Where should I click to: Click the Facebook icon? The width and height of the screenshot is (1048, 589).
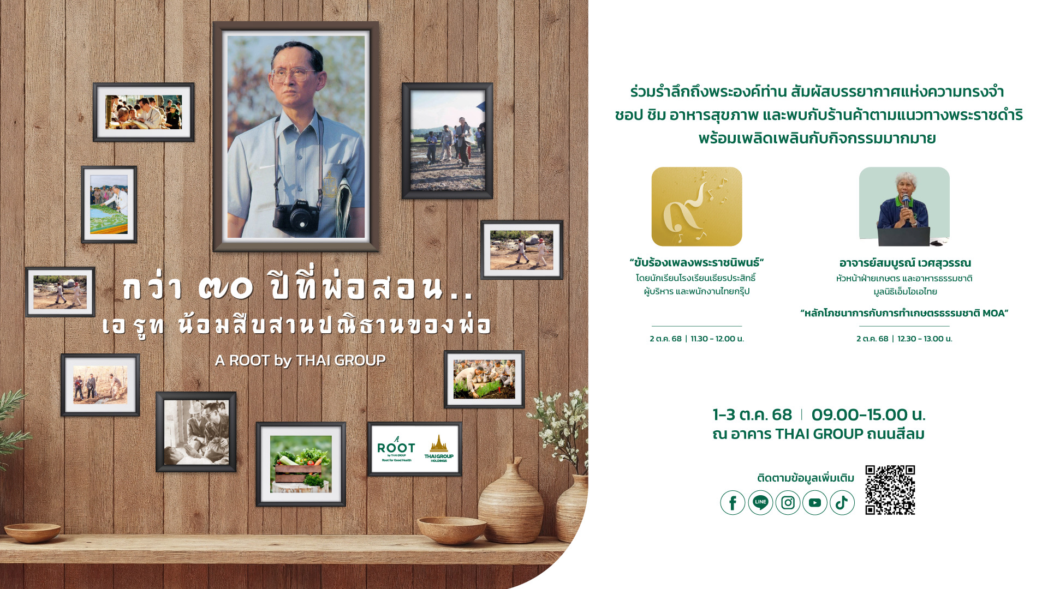(733, 503)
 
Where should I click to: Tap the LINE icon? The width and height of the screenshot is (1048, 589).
(760, 503)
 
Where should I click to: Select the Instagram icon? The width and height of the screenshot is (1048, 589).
(788, 503)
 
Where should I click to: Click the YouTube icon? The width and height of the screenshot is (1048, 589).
(815, 503)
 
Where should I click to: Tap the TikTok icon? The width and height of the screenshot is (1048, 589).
(842, 503)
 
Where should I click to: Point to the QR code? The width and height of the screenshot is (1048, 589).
(890, 490)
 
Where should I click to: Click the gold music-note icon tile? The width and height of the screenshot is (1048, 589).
(696, 206)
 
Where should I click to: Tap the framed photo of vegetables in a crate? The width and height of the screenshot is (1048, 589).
(301, 464)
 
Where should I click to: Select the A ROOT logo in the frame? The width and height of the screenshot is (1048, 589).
(396, 449)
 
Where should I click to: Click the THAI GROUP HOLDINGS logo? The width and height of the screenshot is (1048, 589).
(439, 449)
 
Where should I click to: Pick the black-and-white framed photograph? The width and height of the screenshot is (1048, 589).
(196, 432)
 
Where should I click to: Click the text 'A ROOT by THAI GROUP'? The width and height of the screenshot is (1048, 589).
(301, 360)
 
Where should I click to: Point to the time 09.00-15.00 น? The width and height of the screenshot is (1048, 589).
(868, 414)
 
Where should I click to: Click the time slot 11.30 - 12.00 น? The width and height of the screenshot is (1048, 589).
(717, 339)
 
